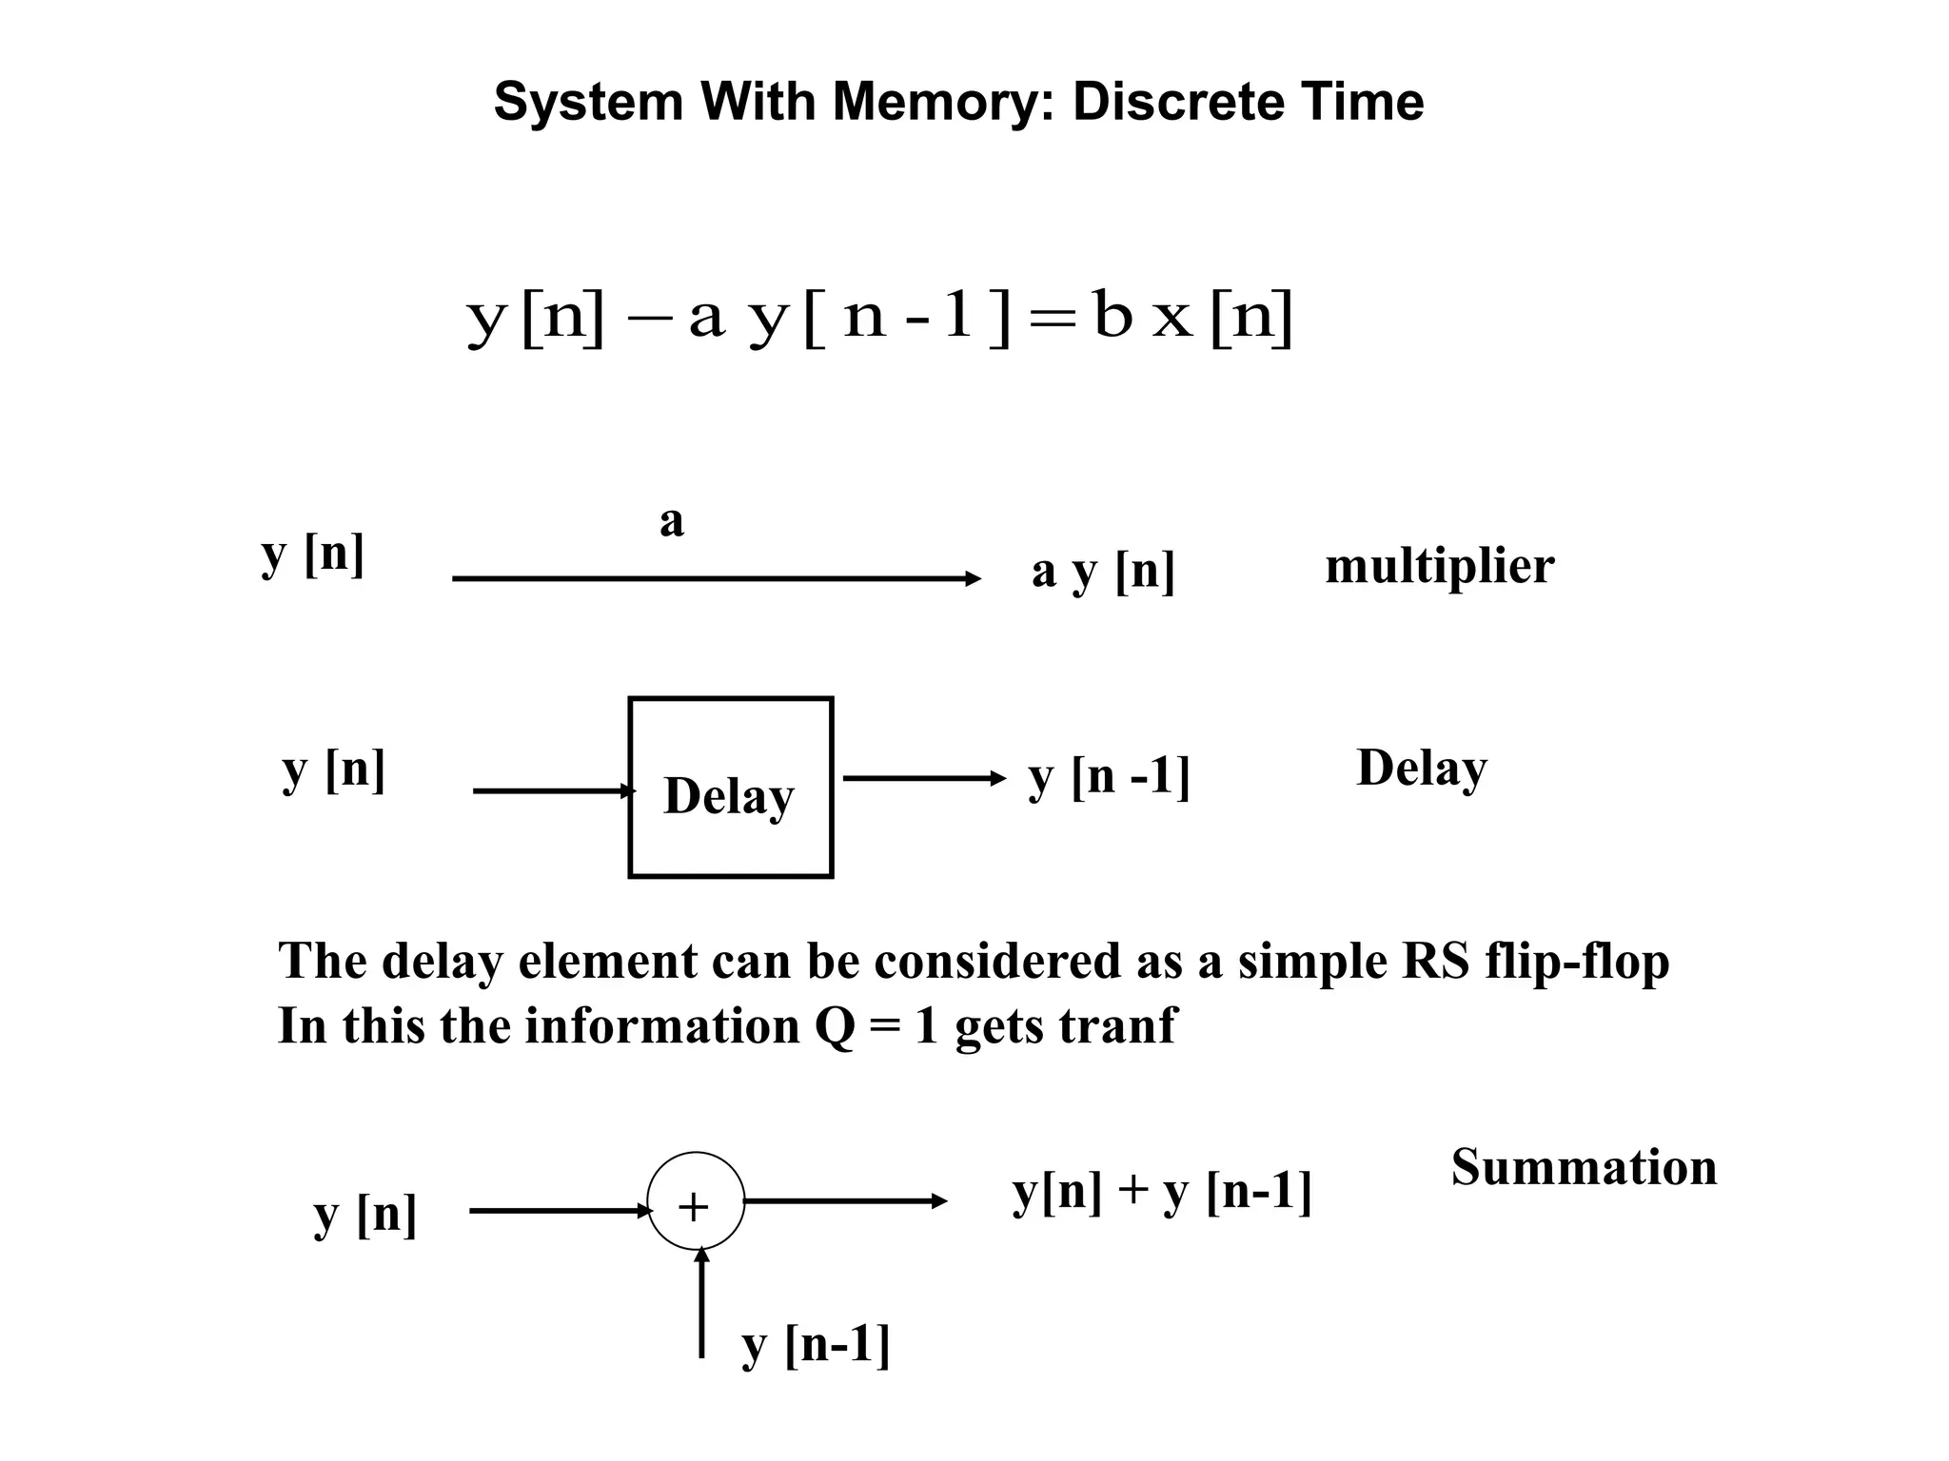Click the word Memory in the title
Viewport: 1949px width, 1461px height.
click(942, 102)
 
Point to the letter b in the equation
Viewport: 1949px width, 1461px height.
click(1112, 314)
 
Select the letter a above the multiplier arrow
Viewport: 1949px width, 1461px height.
click(672, 522)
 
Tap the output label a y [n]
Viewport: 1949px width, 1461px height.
click(1103, 572)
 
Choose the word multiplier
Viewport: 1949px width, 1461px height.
click(1439, 567)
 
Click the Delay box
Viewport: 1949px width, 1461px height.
click(730, 788)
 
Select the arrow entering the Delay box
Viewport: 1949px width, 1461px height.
click(553, 790)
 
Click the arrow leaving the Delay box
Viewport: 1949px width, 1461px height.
click(923, 779)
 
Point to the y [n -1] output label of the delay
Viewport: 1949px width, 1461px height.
click(1109, 777)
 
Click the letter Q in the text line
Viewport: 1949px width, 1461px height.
click(836, 1027)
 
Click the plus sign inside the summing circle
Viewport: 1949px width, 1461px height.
click(694, 1207)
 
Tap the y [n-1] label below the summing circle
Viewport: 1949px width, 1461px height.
click(816, 1346)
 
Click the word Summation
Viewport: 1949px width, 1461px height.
click(1584, 1167)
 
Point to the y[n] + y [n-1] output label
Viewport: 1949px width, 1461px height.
click(1161, 1192)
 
